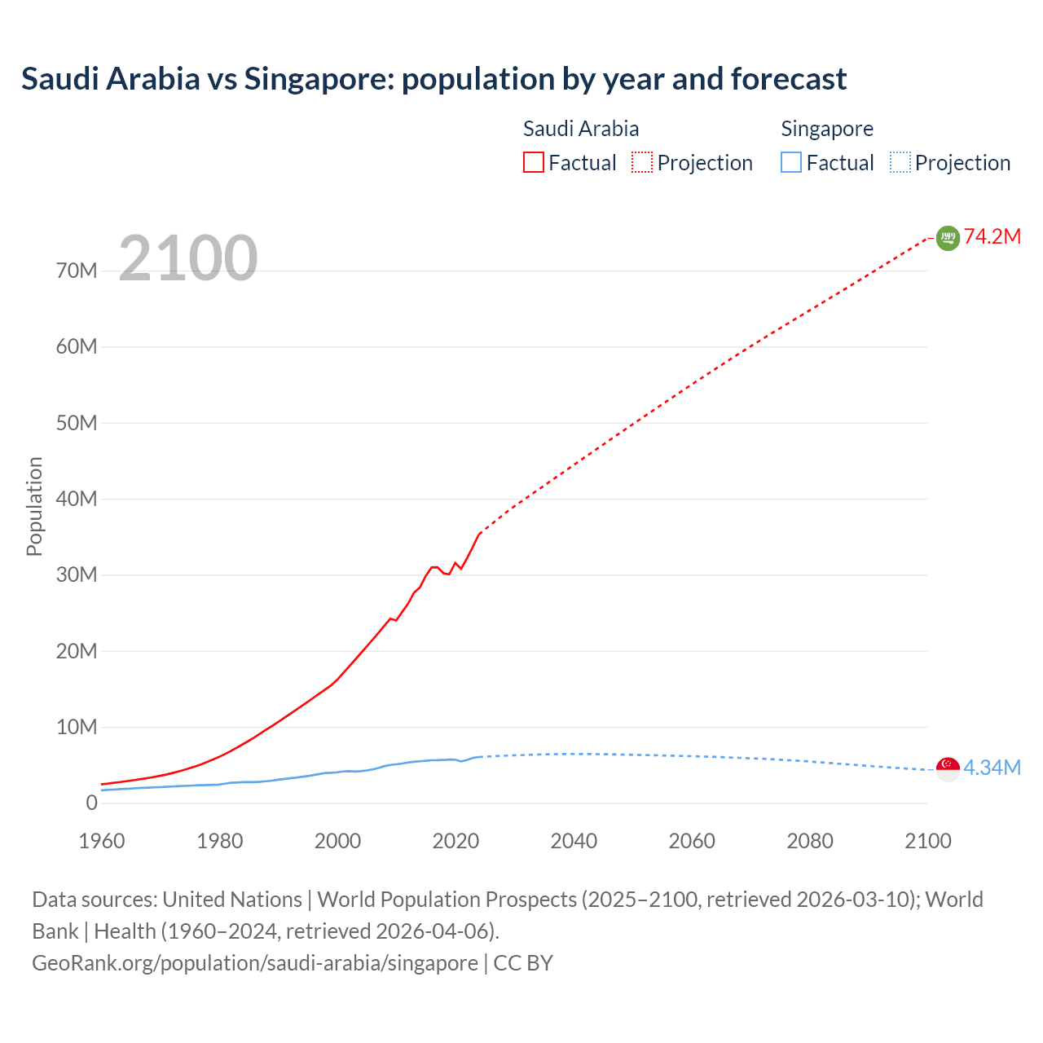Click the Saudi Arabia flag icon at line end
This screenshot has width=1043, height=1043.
coord(948,238)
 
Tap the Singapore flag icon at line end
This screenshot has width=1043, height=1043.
coord(948,768)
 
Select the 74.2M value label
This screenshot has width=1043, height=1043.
coord(992,237)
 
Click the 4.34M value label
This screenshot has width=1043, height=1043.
coord(992,768)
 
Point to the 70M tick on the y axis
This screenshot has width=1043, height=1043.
coord(77,271)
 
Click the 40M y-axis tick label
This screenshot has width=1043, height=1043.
coord(77,499)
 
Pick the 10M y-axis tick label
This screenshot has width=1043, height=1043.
coord(77,727)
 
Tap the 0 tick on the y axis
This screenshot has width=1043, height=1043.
coord(91,803)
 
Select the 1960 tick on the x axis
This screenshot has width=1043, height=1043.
coord(102,841)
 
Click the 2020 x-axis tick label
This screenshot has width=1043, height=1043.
coord(455,841)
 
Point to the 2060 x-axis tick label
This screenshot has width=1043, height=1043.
coord(692,841)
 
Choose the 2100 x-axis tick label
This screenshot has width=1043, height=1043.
coord(927,841)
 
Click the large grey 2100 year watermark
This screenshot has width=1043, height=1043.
coord(188,258)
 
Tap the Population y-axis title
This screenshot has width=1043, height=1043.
coord(34,506)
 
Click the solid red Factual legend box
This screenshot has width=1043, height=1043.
coord(534,163)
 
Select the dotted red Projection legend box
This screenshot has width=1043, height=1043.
coord(642,163)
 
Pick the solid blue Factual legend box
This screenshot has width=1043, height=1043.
coord(791,163)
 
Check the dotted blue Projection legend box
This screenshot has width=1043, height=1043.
coord(900,163)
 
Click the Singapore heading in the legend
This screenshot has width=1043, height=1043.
coord(827,129)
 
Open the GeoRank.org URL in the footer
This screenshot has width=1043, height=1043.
coord(255,963)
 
